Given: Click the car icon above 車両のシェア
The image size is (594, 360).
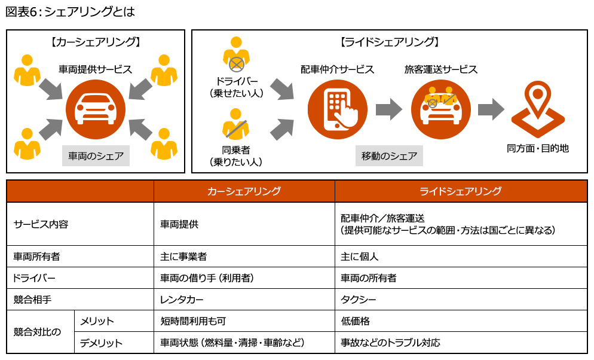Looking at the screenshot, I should [x=95, y=109].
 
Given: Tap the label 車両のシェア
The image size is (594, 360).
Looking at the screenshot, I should [x=96, y=156].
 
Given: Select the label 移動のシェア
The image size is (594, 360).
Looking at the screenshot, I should [x=389, y=156].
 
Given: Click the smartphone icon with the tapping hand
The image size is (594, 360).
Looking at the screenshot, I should [x=337, y=109].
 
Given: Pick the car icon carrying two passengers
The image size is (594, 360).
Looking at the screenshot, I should [x=440, y=109].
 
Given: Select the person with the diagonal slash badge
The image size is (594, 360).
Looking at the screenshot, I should [x=235, y=124].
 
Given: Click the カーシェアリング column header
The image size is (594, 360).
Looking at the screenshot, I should [x=244, y=191].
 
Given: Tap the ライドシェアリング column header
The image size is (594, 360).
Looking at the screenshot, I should [x=460, y=191].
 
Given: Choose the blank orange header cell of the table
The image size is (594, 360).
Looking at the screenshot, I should [x=80, y=191].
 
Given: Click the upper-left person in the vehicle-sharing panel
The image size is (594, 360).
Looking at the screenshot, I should [x=27, y=71].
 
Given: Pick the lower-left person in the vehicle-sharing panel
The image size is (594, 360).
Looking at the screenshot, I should [x=27, y=144].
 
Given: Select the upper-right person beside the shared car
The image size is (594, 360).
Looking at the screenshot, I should [x=164, y=71].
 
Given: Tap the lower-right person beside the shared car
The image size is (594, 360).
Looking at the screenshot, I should [x=164, y=144].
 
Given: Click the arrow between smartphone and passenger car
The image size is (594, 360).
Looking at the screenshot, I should [x=389, y=109].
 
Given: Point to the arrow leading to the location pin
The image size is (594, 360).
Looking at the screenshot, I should [x=491, y=109].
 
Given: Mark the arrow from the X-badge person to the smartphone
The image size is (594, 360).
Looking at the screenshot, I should [x=281, y=89].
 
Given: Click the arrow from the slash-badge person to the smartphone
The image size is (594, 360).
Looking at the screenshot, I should [x=281, y=130].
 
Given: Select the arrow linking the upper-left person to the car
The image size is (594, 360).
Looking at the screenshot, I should [x=50, y=89].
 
